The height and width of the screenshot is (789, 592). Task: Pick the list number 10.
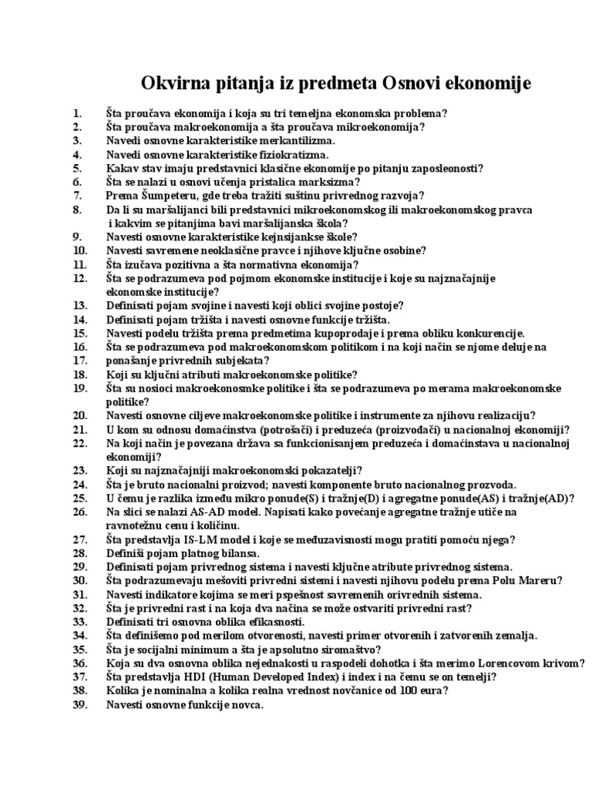(x=80, y=250)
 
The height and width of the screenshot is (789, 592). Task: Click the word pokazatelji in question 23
(x=328, y=471)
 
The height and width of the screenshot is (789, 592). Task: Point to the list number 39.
(x=80, y=705)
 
